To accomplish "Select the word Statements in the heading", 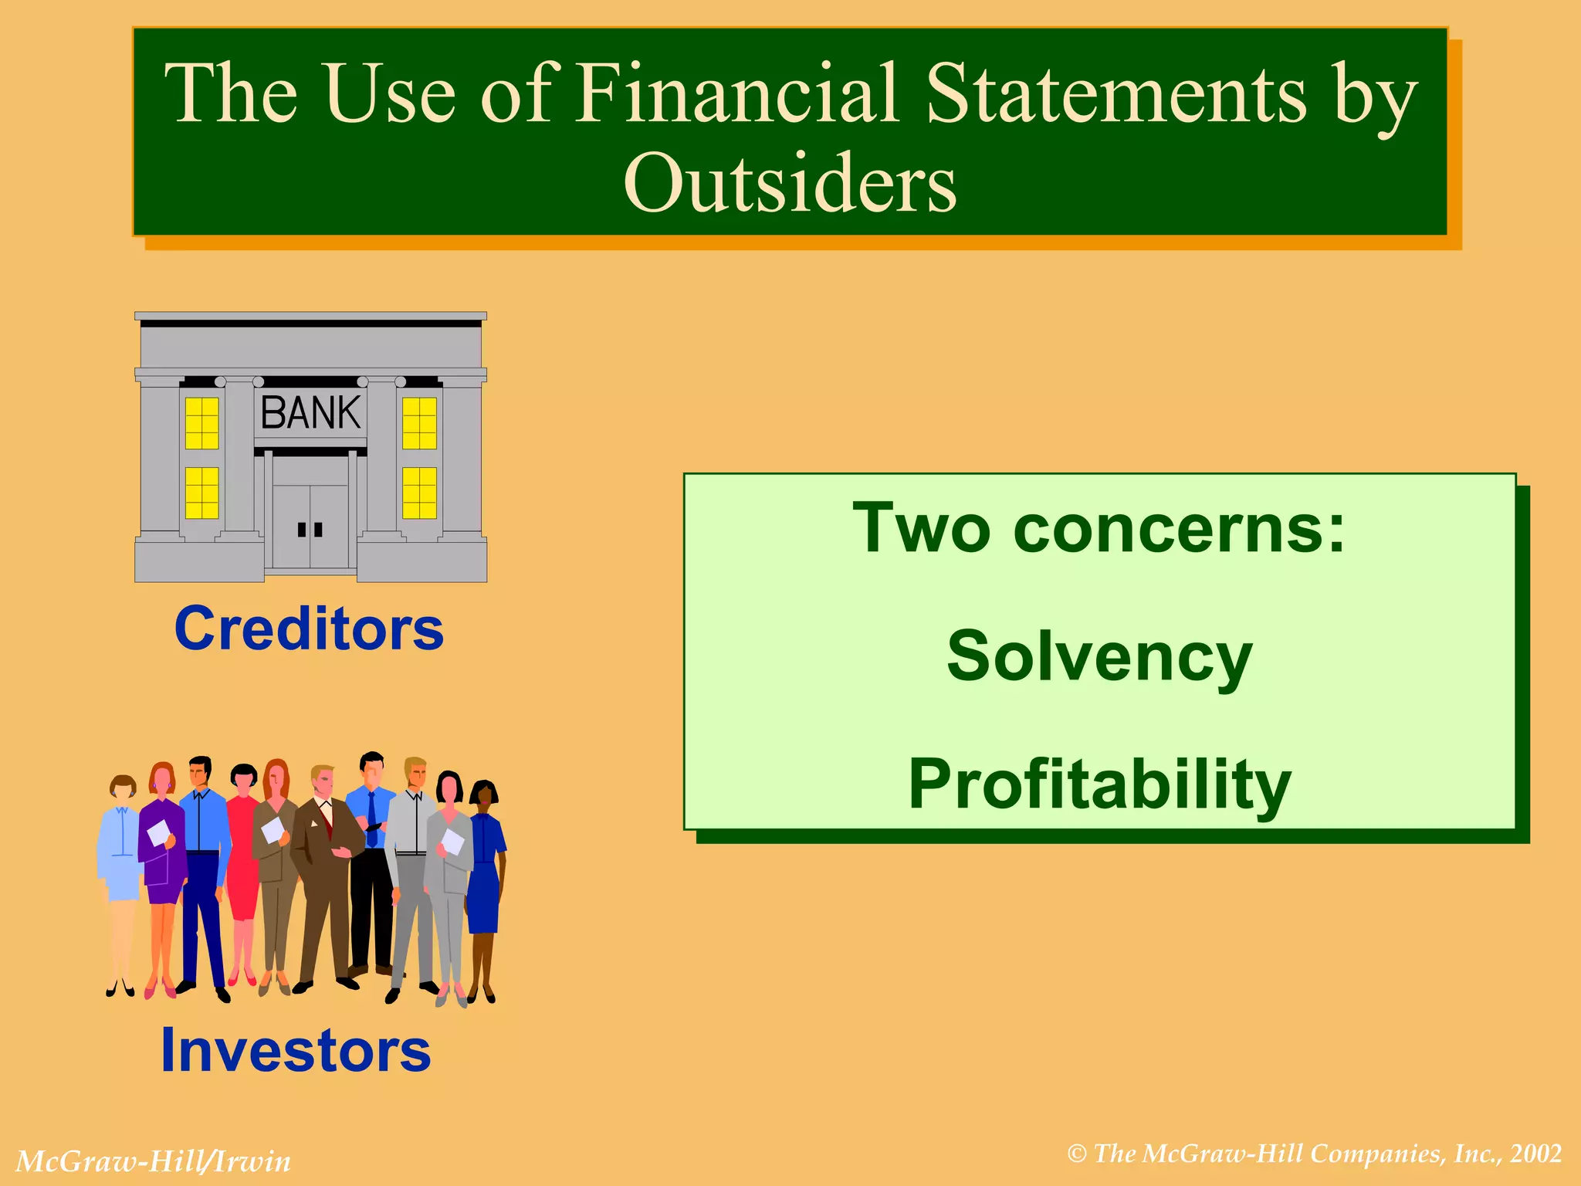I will pos(1115,93).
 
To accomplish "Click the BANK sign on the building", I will pos(310,413).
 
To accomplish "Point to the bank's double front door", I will pos(310,527).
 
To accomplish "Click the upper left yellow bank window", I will pos(202,423).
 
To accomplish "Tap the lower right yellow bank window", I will pos(419,493).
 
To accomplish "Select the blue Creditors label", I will pos(309,629).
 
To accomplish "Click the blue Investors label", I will pos(296,1051).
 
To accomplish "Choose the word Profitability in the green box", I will pos(1099,784).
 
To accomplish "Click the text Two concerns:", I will pos(1099,529).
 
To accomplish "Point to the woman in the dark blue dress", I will pos(485,873).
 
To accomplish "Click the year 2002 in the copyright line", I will pos(1536,1154).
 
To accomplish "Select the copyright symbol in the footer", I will pos(1077,1154).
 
